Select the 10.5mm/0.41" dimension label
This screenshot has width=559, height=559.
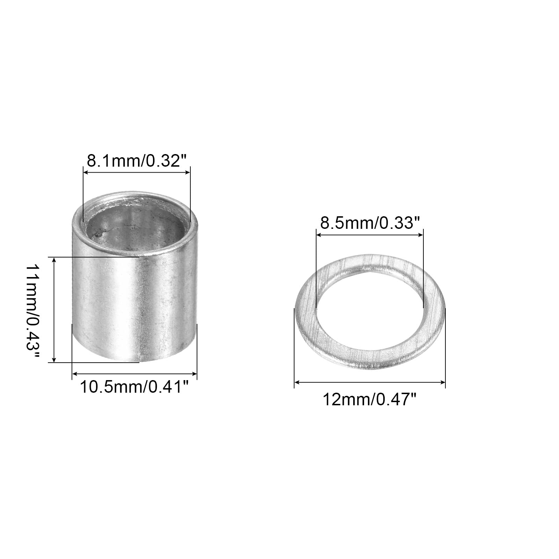[135, 387]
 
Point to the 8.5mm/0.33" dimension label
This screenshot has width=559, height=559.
[370, 223]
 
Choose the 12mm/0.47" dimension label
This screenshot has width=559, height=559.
[370, 399]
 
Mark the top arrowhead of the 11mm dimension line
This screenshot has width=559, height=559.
[54, 260]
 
